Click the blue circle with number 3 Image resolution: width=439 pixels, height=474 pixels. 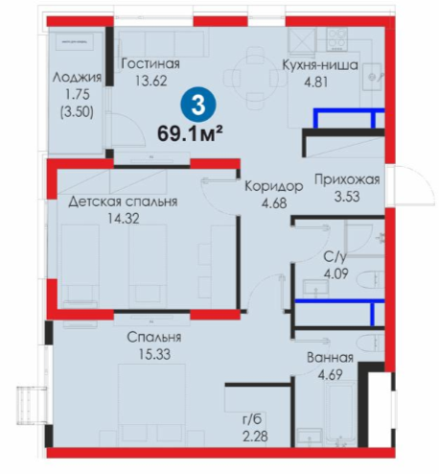click(x=198, y=105)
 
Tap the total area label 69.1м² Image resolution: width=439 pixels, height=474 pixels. click(x=190, y=133)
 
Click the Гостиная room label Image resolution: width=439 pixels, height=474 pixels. click(x=150, y=63)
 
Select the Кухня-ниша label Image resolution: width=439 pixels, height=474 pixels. click(x=320, y=65)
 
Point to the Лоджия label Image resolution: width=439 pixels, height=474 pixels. click(x=77, y=78)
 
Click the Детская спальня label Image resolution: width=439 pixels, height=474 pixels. click(x=123, y=201)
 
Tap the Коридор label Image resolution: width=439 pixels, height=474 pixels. click(x=274, y=186)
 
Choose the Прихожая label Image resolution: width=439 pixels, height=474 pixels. click(x=347, y=179)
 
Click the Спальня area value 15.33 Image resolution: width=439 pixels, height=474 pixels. click(x=154, y=354)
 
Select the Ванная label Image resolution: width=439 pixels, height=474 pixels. click(x=330, y=357)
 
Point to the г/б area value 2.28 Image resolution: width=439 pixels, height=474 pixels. click(x=255, y=436)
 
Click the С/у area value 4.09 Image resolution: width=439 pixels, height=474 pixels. click(x=336, y=273)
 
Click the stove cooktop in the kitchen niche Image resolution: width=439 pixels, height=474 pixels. click(x=336, y=39)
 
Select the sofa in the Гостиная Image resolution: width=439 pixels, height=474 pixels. click(x=160, y=44)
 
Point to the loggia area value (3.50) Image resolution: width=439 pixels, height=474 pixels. click(x=77, y=112)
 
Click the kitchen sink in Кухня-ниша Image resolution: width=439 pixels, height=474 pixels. click(x=373, y=77)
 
